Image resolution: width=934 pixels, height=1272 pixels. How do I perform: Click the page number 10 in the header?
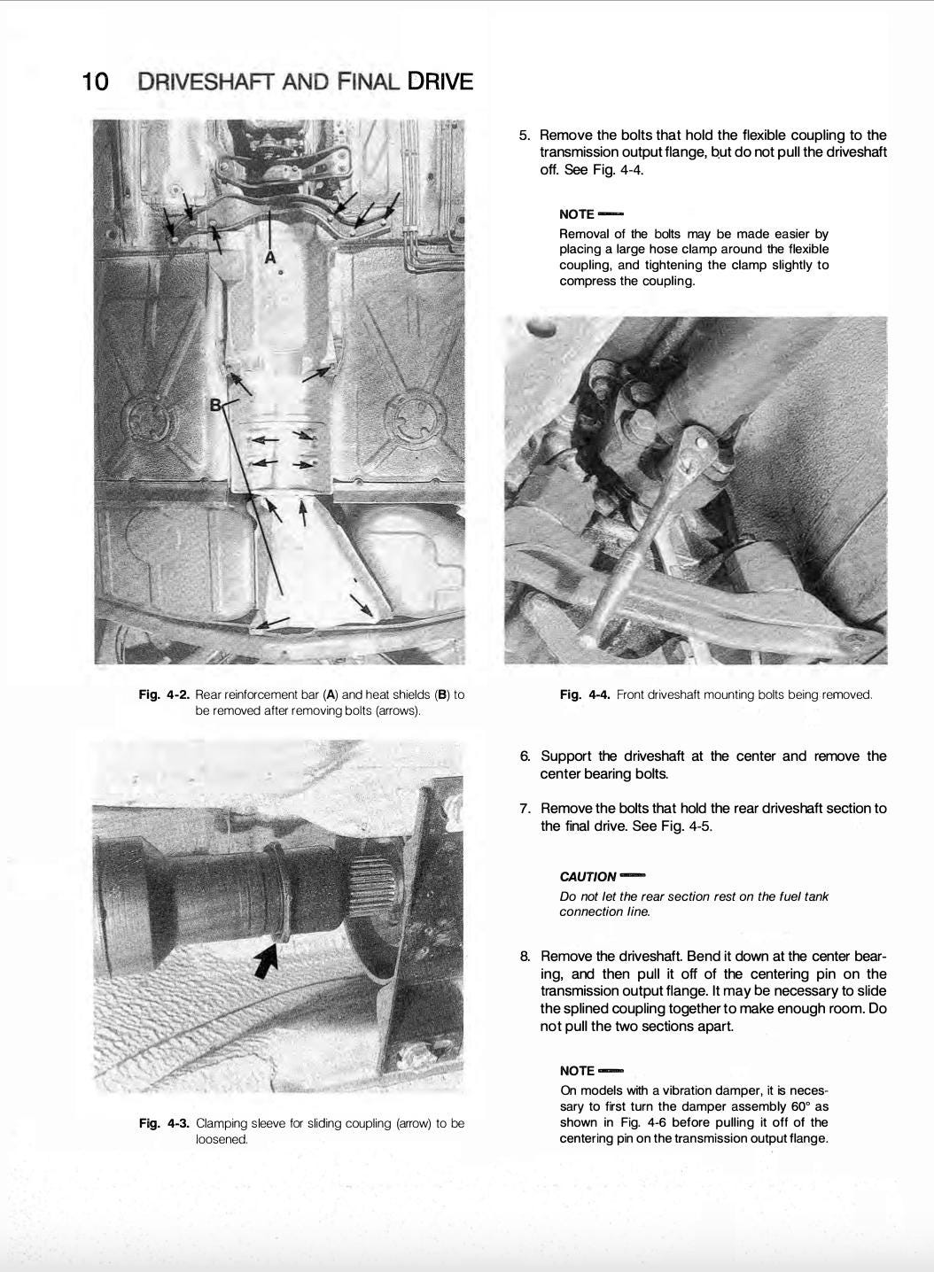point(95,82)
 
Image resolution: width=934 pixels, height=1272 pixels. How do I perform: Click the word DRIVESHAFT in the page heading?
point(206,82)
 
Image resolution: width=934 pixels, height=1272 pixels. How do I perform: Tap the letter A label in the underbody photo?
point(271,257)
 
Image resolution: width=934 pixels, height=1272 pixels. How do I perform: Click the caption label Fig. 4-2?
point(164,694)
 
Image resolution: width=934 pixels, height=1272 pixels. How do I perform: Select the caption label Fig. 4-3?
point(164,1123)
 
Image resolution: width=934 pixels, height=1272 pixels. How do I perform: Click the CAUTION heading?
point(588,876)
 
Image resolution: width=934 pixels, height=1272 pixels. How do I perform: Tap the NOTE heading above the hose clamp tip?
point(577,214)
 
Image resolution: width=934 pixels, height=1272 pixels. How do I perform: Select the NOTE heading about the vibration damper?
point(577,1071)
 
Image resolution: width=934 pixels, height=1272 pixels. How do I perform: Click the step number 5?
point(525,136)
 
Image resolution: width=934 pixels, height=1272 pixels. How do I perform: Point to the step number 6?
point(525,756)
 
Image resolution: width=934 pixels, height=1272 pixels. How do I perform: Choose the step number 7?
point(525,809)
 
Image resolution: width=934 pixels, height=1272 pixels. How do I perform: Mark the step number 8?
point(525,957)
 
